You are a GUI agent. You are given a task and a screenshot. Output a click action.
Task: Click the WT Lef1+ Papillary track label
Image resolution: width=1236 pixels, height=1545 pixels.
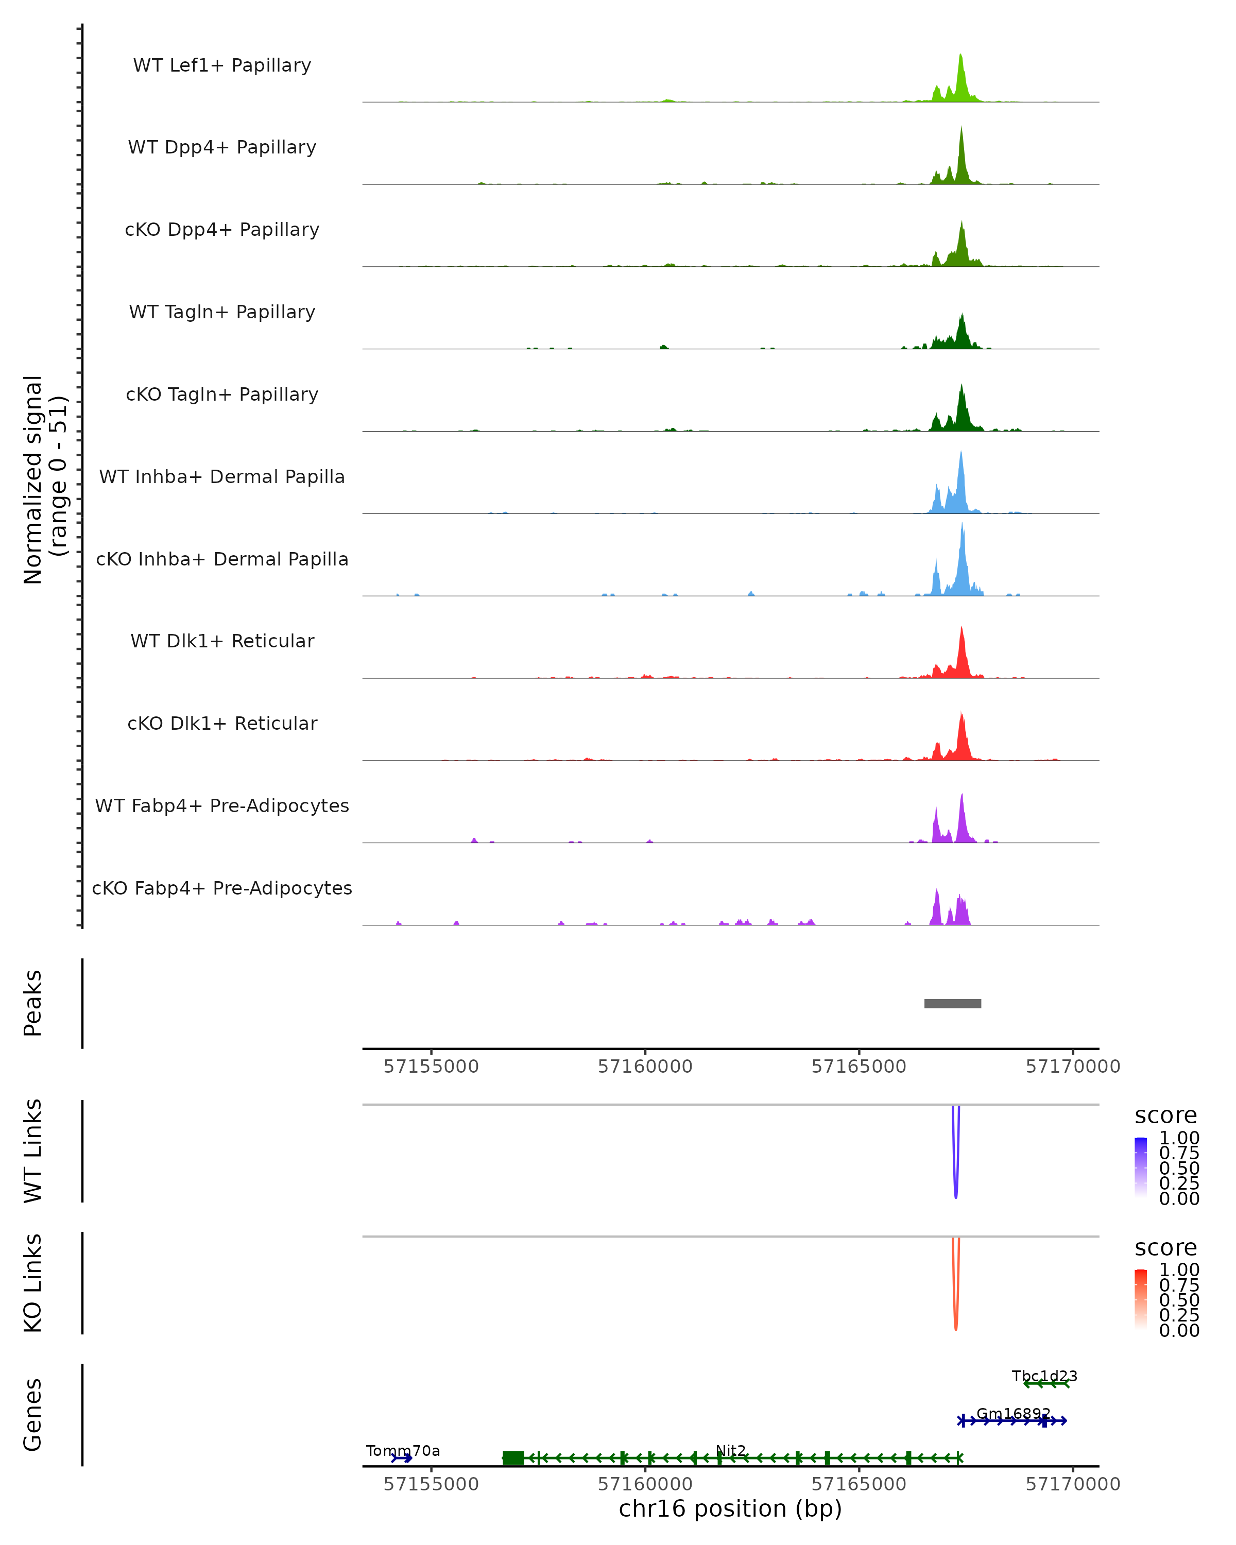[222, 65]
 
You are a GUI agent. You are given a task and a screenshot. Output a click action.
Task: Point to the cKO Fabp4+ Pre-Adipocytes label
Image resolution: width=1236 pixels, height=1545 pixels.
[222, 888]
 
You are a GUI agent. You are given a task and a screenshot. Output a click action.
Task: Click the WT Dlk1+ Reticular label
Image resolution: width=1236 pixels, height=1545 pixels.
[222, 641]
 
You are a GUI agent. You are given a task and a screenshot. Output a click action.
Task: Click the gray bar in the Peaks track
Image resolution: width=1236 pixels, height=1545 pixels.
[952, 1003]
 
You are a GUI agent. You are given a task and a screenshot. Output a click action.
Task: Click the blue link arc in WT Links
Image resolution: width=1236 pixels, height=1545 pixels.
[956, 1190]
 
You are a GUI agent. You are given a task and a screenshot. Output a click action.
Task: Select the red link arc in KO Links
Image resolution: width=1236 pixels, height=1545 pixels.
[956, 1321]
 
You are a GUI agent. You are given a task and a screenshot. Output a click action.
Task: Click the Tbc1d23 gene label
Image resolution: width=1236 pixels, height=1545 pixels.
[1044, 1376]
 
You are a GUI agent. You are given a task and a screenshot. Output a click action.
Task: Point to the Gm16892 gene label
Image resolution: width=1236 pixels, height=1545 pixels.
[1013, 1414]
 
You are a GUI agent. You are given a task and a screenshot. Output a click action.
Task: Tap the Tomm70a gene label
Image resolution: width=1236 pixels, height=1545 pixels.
[403, 1451]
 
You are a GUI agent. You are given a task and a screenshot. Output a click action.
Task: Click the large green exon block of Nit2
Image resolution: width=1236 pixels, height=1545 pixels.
[513, 1457]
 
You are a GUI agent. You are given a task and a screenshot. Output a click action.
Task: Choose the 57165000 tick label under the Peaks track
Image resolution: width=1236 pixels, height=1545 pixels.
[859, 1067]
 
